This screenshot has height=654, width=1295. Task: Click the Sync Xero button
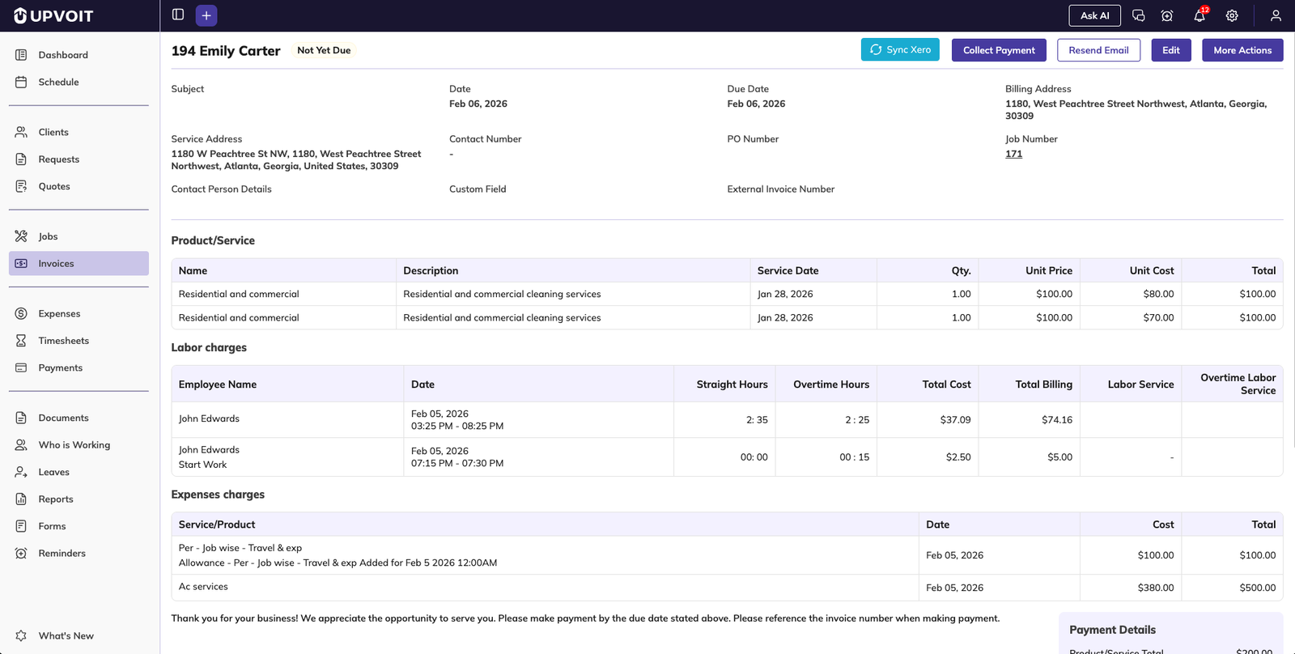(900, 50)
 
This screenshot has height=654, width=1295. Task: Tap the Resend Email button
(1098, 50)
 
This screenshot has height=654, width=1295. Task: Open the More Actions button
(1242, 50)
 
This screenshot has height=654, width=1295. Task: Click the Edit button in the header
(1171, 50)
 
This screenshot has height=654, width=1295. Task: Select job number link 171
(1013, 154)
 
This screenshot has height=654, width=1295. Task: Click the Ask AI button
(1094, 15)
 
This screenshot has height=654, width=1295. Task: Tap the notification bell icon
(1199, 15)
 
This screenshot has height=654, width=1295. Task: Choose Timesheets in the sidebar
(63, 341)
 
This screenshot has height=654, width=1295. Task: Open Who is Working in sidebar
(74, 445)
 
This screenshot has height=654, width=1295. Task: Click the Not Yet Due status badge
(324, 50)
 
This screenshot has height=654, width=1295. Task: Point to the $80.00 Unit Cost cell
(1158, 294)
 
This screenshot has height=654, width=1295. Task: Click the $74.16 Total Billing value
(1056, 420)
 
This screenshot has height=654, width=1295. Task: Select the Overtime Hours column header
(830, 384)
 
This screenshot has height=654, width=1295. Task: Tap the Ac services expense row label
(203, 587)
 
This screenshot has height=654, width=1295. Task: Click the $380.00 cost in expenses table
(1155, 588)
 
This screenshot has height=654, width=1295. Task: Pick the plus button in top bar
(206, 15)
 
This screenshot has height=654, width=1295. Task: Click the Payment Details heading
(1112, 630)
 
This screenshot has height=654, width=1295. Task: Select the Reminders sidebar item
(62, 554)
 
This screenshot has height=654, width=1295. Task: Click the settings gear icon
(1232, 15)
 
